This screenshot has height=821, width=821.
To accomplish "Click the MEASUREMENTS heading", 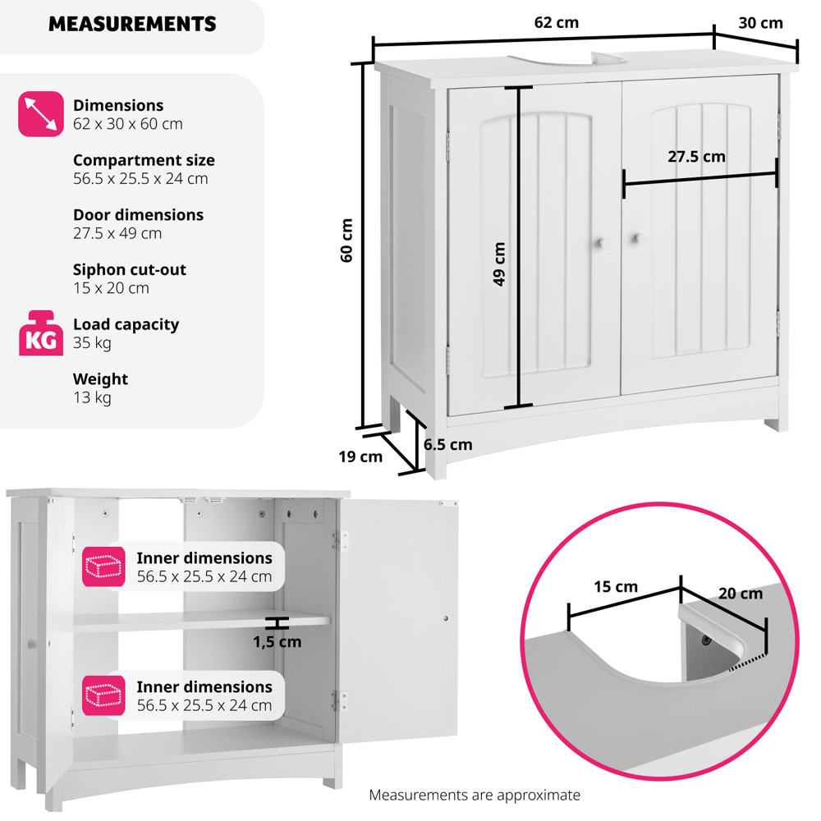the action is click(132, 24).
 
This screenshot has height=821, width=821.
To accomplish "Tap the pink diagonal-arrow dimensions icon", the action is click(41, 113).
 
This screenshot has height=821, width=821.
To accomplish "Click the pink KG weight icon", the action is click(41, 333).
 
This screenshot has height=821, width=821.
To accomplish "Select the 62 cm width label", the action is click(556, 22).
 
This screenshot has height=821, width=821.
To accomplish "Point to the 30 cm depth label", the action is click(760, 23).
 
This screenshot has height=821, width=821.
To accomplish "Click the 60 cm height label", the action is click(346, 241).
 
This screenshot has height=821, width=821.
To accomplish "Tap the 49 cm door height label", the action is click(499, 264).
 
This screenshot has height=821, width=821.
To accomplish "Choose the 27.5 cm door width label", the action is click(696, 157).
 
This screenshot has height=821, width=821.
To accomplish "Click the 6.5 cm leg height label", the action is click(447, 444).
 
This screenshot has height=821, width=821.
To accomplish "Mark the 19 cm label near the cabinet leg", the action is click(360, 456).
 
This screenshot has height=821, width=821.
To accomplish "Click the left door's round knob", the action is click(602, 243).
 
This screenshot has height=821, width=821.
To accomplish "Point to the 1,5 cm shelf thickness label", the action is click(277, 642).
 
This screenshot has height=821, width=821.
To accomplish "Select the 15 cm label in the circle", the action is click(616, 586).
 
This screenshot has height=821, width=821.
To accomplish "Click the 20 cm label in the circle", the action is click(741, 594).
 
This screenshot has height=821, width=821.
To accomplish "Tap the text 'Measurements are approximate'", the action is click(475, 795).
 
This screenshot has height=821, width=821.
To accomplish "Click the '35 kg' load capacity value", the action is click(92, 343).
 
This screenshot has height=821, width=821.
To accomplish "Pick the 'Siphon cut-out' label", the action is click(130, 269).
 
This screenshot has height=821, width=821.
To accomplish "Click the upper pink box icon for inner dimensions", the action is click(103, 566).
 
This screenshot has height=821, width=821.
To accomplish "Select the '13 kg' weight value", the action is click(92, 397).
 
